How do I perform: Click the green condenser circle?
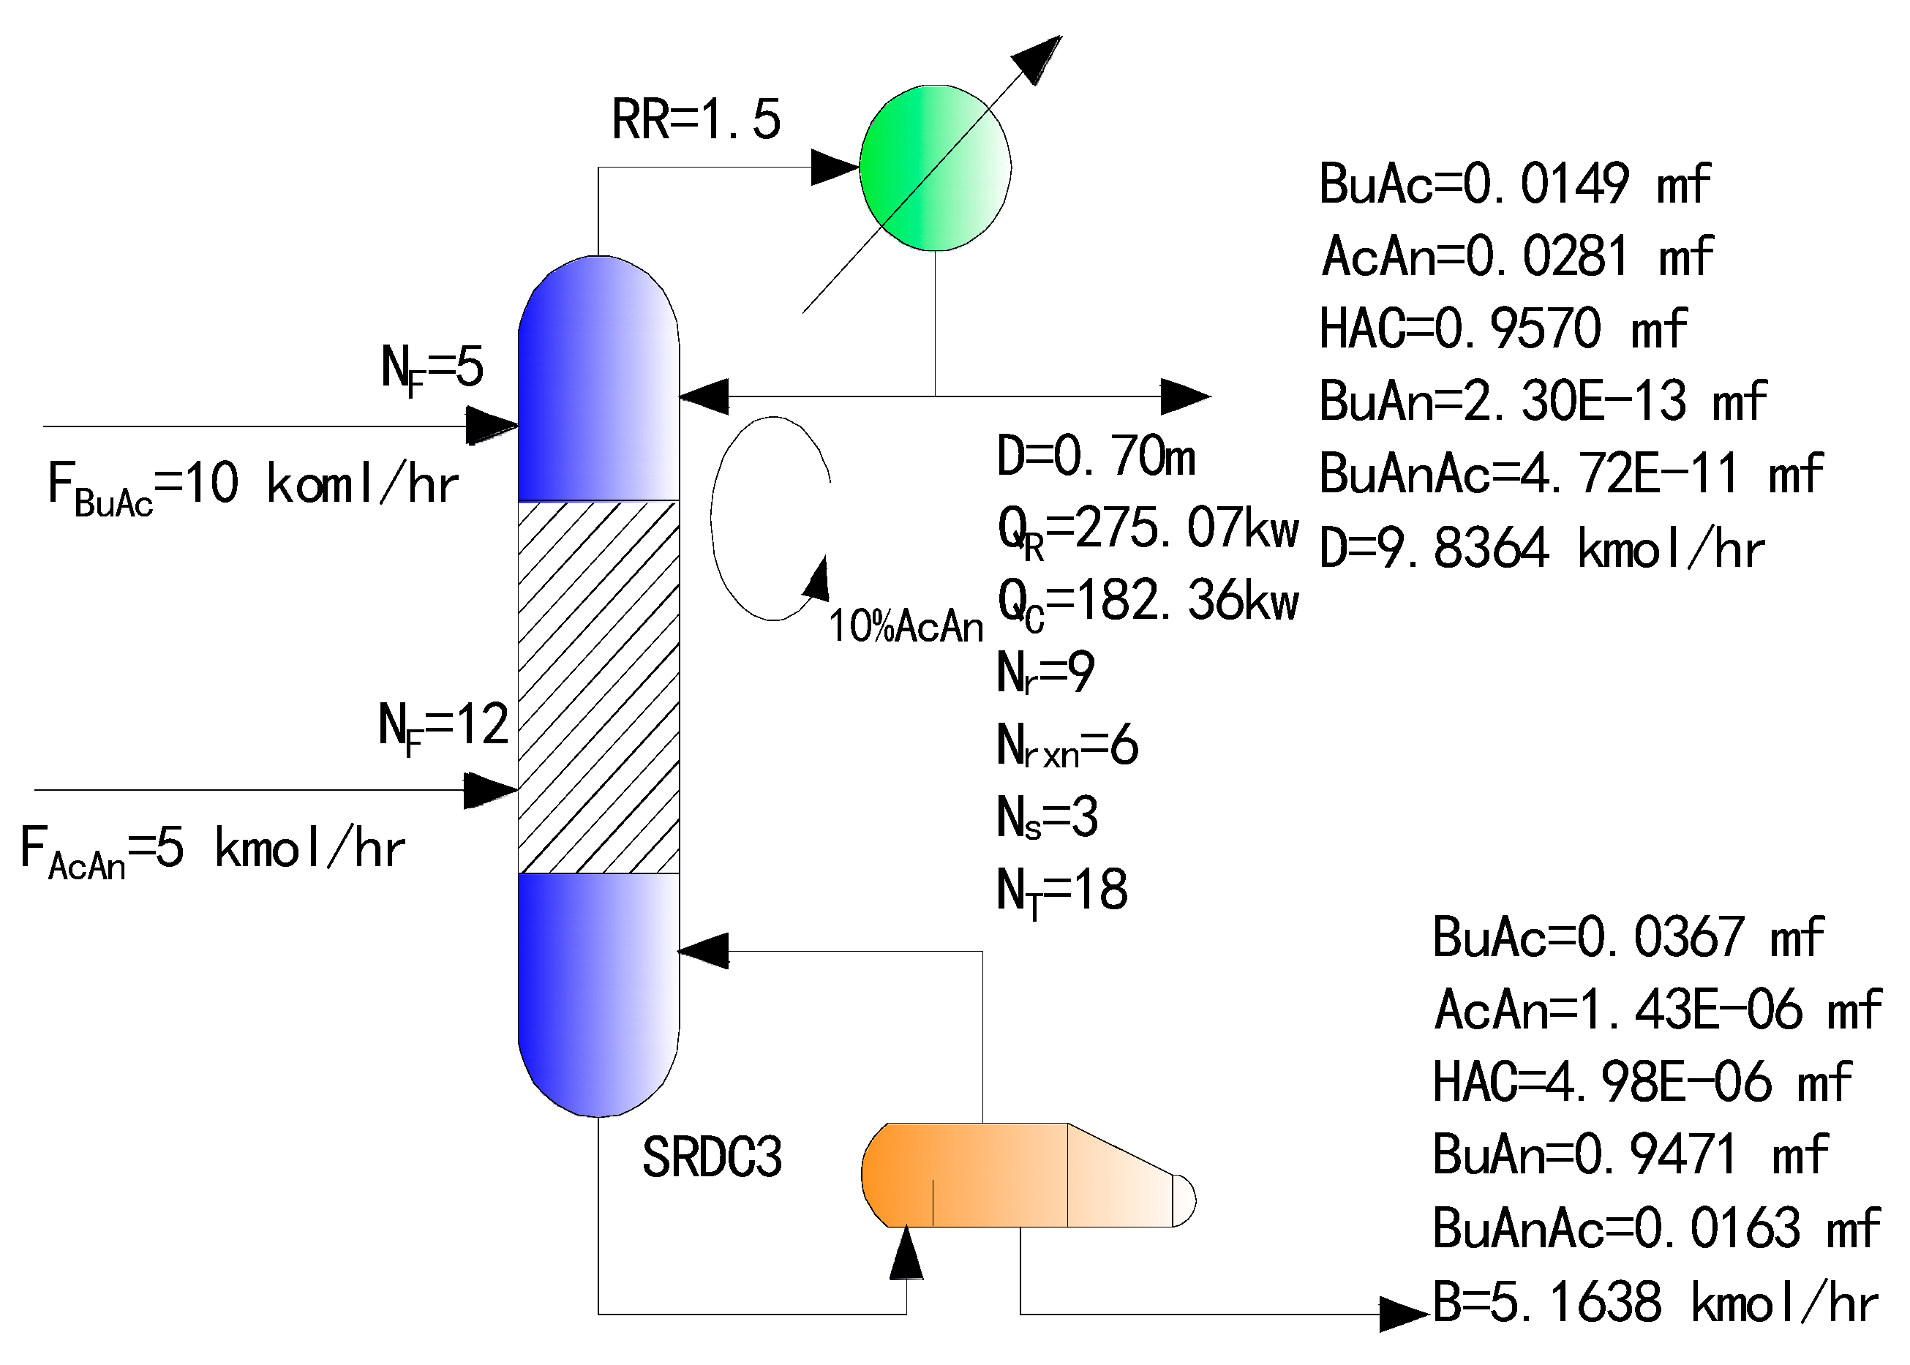[934, 168]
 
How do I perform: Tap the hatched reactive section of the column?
[598, 687]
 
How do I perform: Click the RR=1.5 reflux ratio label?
[696, 119]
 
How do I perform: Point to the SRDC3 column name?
[712, 1157]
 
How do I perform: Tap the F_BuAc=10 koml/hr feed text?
[252, 486]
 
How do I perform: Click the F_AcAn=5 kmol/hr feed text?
[211, 850]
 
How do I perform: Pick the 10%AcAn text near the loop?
[905, 627]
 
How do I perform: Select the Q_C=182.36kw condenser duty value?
[1147, 603]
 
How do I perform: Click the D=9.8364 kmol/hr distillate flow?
[1541, 549]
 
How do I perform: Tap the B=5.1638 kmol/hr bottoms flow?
[1655, 1303]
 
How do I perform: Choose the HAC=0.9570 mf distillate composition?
[1503, 328]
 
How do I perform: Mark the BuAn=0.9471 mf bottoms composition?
[1629, 1155]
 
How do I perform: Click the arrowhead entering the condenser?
[835, 168]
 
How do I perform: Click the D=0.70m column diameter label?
[1095, 457]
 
